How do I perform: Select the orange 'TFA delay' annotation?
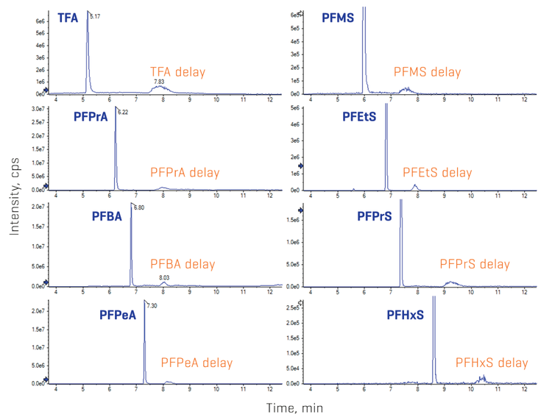click(x=177, y=72)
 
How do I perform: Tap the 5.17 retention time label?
click(x=95, y=15)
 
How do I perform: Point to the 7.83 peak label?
click(x=159, y=82)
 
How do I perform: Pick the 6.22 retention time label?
click(x=123, y=113)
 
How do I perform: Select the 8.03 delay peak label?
click(x=165, y=277)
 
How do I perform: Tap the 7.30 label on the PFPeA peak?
click(x=152, y=305)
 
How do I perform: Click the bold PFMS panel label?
click(x=338, y=16)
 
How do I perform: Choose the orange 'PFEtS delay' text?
click(x=437, y=172)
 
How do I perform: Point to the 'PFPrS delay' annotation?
click(x=474, y=264)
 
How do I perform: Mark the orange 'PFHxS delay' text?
click(x=492, y=363)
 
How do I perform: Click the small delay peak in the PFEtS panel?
click(x=416, y=186)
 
